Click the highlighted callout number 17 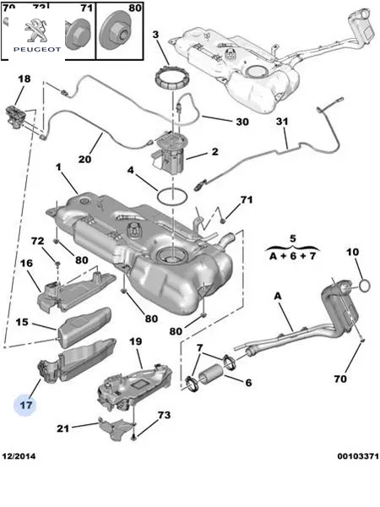tap(26, 405)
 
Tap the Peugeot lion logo tap(35, 30)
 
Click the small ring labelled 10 tap(365, 286)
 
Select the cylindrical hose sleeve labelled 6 tap(210, 374)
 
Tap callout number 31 tap(282, 122)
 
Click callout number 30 tap(242, 122)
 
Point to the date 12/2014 tap(19, 456)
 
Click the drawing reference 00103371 tap(358, 456)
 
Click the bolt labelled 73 tap(133, 438)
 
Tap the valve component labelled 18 tap(16, 117)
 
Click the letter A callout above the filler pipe tap(278, 297)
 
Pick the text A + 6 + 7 tap(293, 256)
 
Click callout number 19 tap(136, 341)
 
